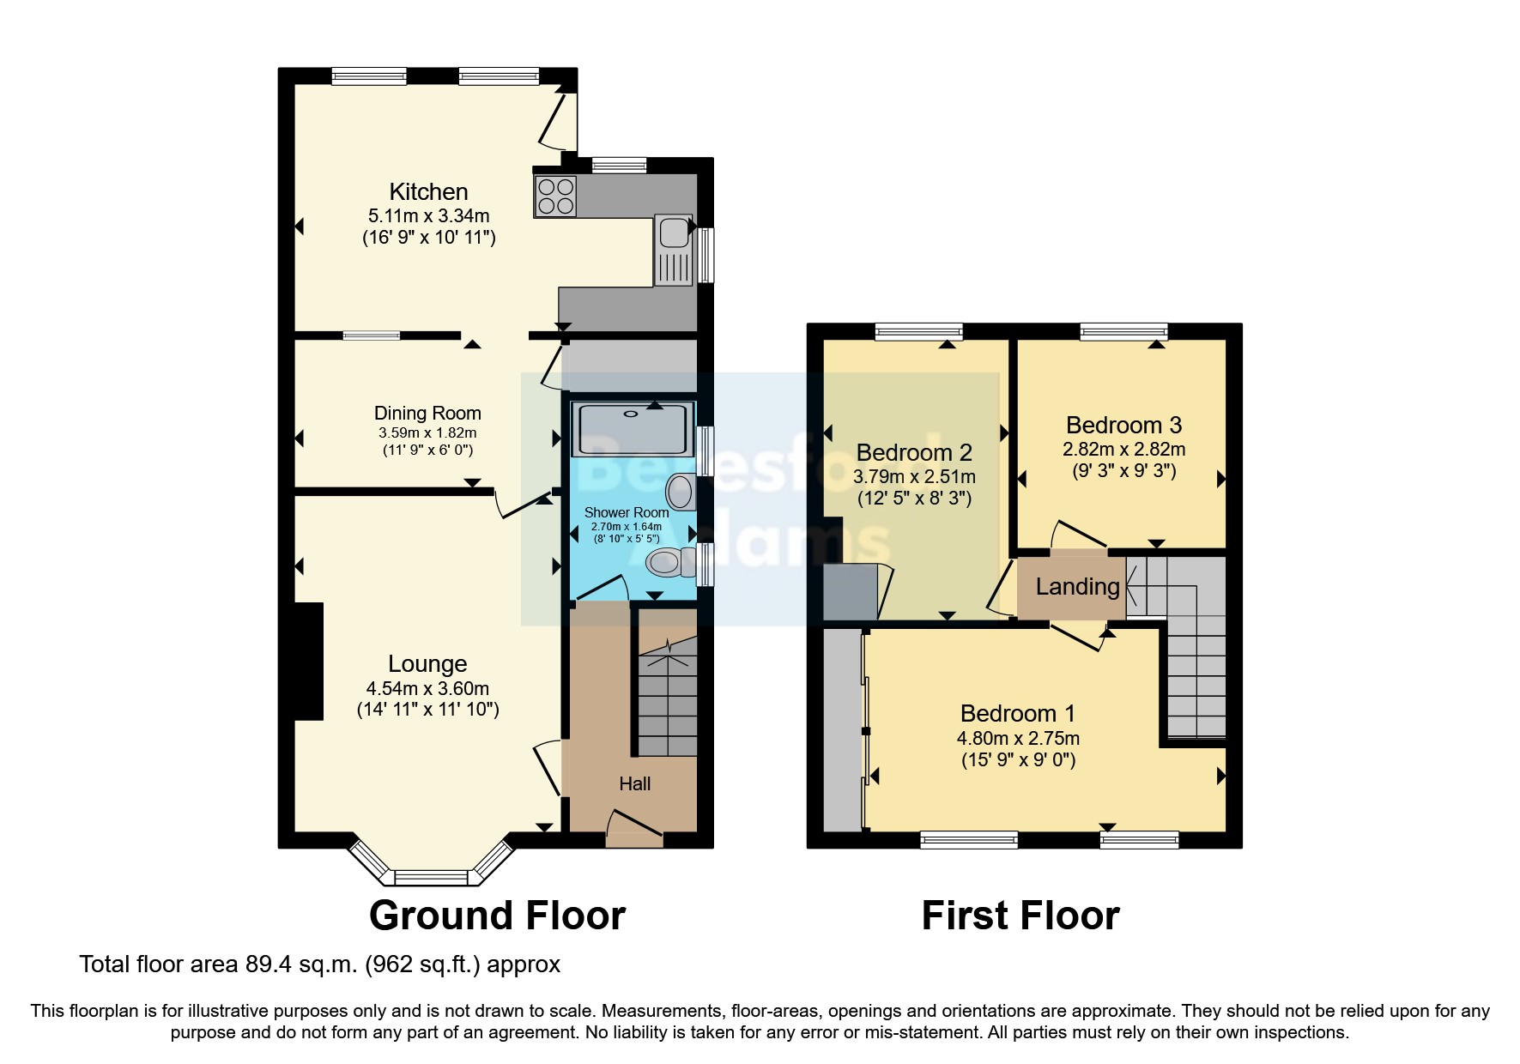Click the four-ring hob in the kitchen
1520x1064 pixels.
pos(555,196)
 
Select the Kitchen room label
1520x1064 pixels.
pos(428,191)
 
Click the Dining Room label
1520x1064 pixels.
pos(427,413)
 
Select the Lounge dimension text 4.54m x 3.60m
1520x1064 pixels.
pos(427,688)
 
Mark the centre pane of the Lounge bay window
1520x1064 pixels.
pos(431,877)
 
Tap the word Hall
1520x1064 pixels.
pos(634,783)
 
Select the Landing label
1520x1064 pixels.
pos(1077,587)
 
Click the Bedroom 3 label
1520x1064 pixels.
pos(1123,425)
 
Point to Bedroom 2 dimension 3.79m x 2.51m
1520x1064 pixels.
pos(914,476)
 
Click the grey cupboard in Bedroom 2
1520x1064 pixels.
pos(849,592)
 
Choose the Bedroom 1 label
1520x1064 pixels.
pos(1017,713)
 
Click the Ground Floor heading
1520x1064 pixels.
pos(497,916)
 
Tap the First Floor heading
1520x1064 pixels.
pos(1020,916)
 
